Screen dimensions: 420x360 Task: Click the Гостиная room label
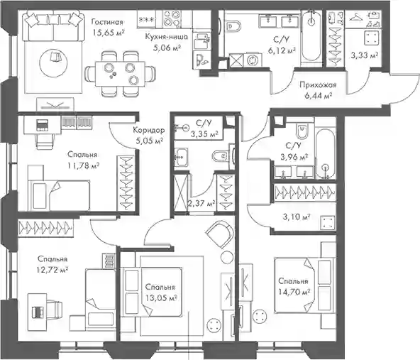(x=107, y=22)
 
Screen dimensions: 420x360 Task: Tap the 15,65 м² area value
(x=109, y=33)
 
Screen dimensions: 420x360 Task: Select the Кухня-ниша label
(x=166, y=37)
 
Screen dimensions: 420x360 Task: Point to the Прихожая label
(x=318, y=85)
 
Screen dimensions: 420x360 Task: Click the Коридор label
(x=149, y=131)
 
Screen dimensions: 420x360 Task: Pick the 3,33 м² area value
(x=364, y=56)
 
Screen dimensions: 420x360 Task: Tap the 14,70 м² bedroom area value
(x=294, y=292)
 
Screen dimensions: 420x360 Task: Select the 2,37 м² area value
(x=202, y=204)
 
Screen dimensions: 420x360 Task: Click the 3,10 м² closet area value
(x=297, y=217)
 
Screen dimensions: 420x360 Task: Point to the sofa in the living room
(x=52, y=26)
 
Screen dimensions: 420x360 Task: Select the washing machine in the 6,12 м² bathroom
(x=252, y=60)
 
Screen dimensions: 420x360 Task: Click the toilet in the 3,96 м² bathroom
(x=302, y=131)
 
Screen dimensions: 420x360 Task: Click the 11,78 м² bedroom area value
(x=83, y=165)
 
